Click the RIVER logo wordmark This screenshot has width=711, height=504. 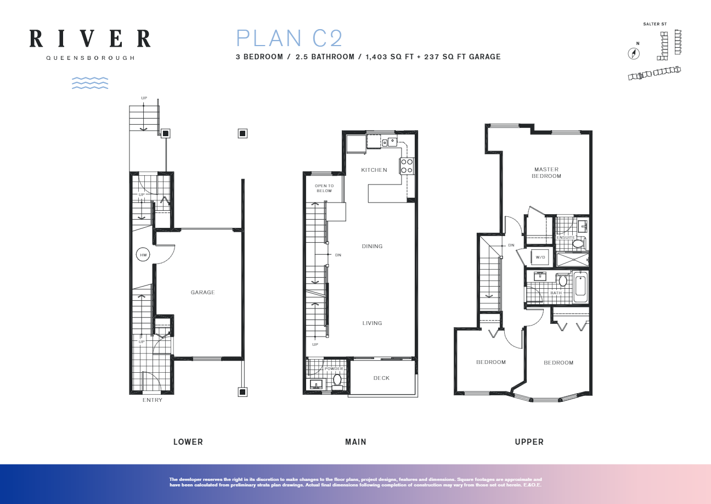pyautogui.click(x=89, y=38)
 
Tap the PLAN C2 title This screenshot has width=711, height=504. pyautogui.click(x=289, y=38)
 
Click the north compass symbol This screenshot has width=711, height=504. pyautogui.click(x=634, y=53)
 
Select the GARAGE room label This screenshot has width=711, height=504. pyautogui.click(x=202, y=293)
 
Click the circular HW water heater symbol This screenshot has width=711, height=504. pyautogui.click(x=143, y=255)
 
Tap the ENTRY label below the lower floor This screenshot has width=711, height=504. pyautogui.click(x=152, y=400)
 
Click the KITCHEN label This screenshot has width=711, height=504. pyautogui.click(x=374, y=170)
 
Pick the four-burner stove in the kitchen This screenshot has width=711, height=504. pyautogui.click(x=407, y=166)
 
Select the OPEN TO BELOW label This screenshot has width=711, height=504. pyautogui.click(x=324, y=188)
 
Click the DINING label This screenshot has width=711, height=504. pyautogui.click(x=372, y=247)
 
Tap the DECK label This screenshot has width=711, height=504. pyautogui.click(x=381, y=378)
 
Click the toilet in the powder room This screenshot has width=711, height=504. pyautogui.click(x=337, y=380)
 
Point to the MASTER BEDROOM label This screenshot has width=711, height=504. pyautogui.click(x=546, y=173)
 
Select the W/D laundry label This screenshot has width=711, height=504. pyautogui.click(x=540, y=257)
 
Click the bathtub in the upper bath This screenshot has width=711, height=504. pyautogui.click(x=580, y=287)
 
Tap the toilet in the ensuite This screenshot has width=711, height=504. pyautogui.click(x=578, y=243)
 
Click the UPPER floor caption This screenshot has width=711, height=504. pyautogui.click(x=529, y=442)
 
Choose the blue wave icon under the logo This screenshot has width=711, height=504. pyautogui.click(x=90, y=83)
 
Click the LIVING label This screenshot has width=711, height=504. pyautogui.click(x=372, y=323)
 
